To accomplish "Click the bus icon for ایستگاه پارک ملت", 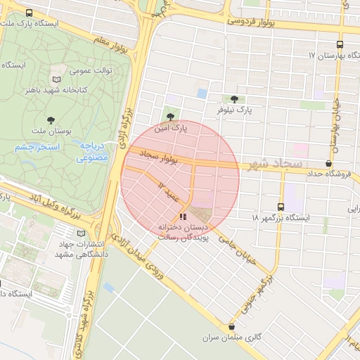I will [x=29, y=13].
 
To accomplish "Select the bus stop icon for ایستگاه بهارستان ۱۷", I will [x=340, y=43].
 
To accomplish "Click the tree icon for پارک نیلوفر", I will [x=233, y=99].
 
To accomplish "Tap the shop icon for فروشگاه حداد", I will [x=328, y=163].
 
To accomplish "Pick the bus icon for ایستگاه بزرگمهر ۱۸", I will [x=281, y=207].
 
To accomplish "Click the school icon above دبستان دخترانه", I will [x=184, y=217].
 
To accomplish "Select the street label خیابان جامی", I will [x=246, y=250].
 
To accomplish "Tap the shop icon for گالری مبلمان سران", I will [x=232, y=327].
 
